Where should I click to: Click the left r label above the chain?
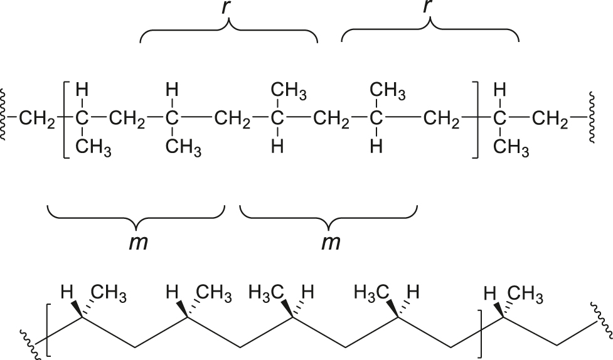coord(226,8)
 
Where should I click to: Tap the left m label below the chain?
coord(139,242)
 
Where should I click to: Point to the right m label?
coord(331,242)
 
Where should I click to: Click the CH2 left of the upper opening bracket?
coord(37,119)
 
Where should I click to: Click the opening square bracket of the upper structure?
coord(66,120)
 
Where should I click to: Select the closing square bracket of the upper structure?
coord(475,120)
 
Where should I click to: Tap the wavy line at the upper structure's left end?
coord(3,114)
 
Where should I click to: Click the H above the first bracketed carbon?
coord(82,90)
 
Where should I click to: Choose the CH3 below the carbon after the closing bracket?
coord(511,148)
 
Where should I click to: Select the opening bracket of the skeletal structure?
coord(48,330)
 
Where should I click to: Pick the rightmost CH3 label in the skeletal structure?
coord(525,295)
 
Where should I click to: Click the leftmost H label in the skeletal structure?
coord(67,292)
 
